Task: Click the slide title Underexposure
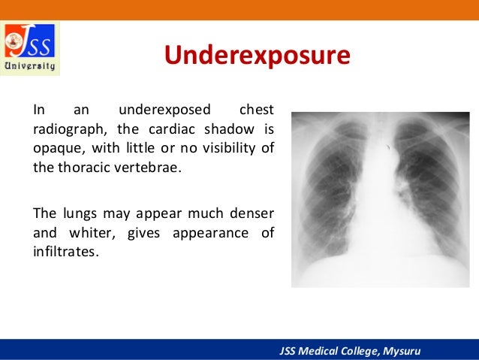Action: point(258,56)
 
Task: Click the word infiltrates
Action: point(65,251)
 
